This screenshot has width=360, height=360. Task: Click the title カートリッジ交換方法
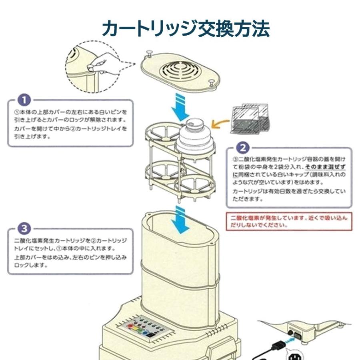tap(186, 29)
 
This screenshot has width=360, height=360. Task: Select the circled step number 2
tap(244, 148)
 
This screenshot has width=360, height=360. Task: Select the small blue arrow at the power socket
tap(290, 340)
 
